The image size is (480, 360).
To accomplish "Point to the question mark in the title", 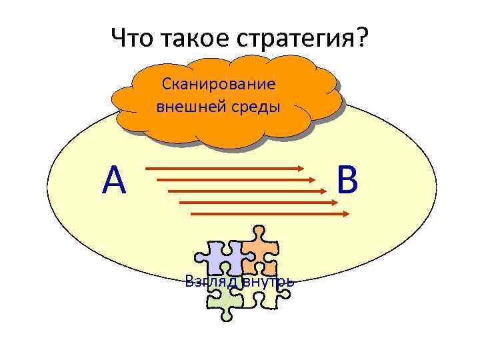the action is click(x=361, y=38).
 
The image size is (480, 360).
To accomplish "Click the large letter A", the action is click(x=115, y=181).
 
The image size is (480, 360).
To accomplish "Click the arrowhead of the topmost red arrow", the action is click(x=300, y=169).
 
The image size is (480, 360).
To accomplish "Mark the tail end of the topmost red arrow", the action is click(x=146, y=169).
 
